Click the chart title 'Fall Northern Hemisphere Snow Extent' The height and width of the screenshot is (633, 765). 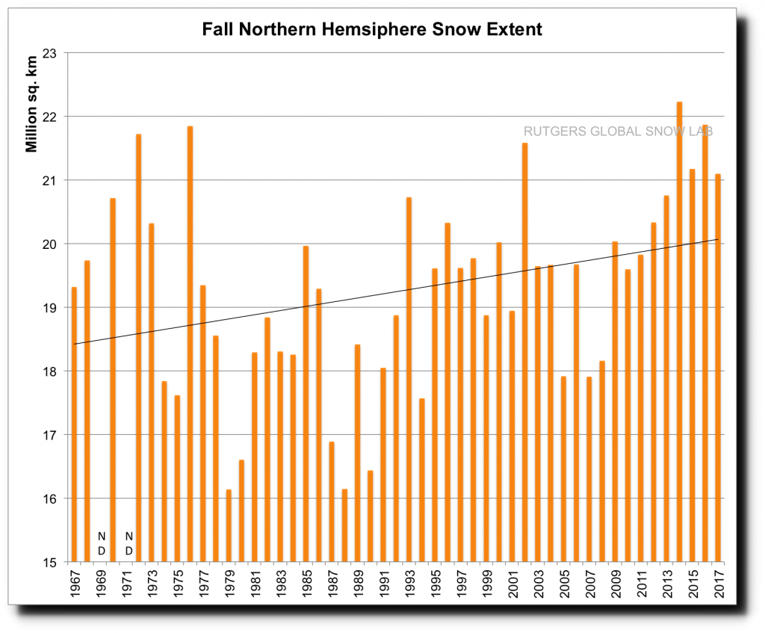click(x=372, y=31)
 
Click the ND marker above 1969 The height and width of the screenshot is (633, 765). click(x=102, y=543)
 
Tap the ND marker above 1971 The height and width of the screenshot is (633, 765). click(x=128, y=543)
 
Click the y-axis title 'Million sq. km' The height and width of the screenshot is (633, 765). click(x=31, y=103)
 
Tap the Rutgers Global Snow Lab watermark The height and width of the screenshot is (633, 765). click(x=618, y=132)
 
